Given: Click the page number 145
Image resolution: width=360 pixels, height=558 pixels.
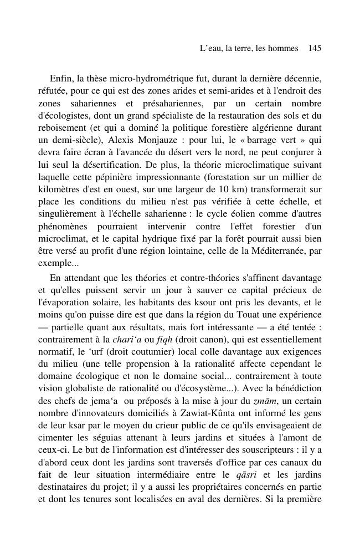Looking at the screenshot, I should pyautogui.click(x=315, y=49).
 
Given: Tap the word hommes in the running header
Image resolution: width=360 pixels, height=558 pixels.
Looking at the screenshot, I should pyautogui.click(x=282, y=49).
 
